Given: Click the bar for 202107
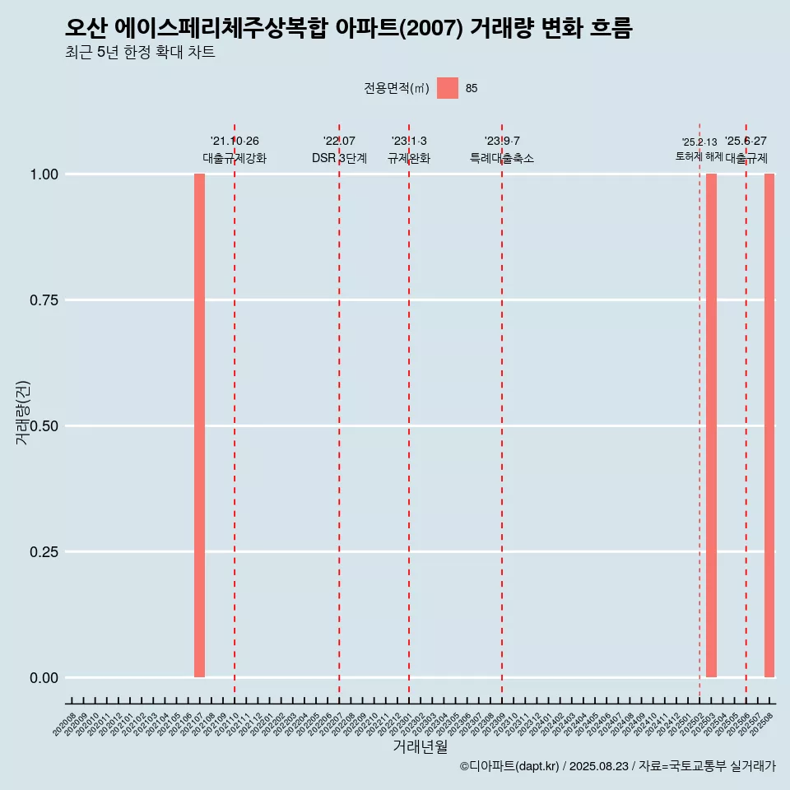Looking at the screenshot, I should coord(199,425).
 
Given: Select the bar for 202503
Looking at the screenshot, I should coord(711,425).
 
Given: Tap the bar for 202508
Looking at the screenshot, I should coord(769,425).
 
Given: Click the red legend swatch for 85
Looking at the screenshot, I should coord(448,88).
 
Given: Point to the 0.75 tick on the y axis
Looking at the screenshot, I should coord(45,300).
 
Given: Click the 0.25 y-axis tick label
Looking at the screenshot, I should coord(45,552).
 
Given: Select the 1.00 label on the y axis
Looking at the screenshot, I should coord(45,174).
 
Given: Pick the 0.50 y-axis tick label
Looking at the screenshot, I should coord(45,426).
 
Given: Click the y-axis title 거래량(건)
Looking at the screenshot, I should coord(23,411).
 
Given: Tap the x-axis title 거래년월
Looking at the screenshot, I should coord(421,746).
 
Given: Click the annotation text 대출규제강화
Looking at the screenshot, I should coord(235,158).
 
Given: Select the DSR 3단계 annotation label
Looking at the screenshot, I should coord(339,158).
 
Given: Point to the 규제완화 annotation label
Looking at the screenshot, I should coord(409,158).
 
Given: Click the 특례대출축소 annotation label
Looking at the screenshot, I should coord(502,158).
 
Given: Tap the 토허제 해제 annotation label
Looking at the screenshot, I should coord(699,156).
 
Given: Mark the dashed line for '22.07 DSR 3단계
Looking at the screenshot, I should coord(339,411).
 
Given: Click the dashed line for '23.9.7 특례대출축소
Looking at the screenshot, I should coord(502,411).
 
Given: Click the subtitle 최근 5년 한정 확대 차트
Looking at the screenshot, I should coord(140,53).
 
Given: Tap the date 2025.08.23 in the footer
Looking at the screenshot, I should coord(598,766).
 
